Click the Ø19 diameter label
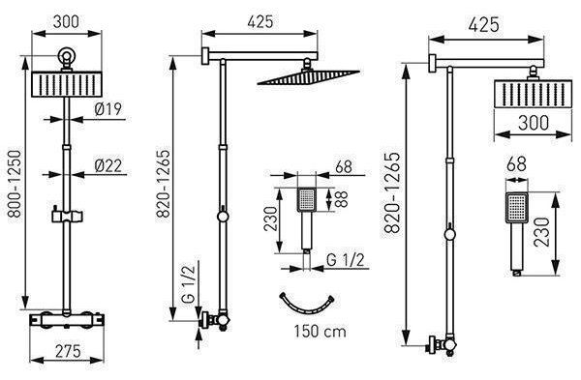pyautogui.click(x=107, y=109)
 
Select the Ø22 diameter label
pyautogui.click(x=108, y=165)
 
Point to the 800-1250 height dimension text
pyautogui.click(x=15, y=184)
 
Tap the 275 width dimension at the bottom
pyautogui.click(x=68, y=351)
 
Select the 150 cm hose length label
pyautogui.click(x=321, y=331)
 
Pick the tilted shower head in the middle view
pyautogui.click(x=308, y=77)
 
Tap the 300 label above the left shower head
pyautogui.click(x=66, y=22)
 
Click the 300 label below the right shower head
pyautogui.click(x=534, y=123)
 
